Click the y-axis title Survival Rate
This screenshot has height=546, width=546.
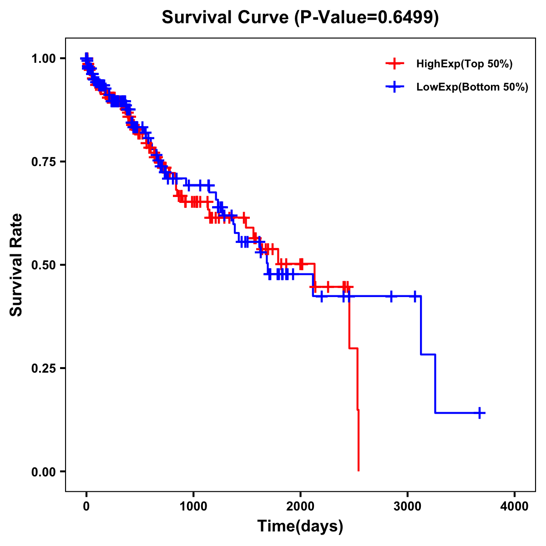tap(16, 265)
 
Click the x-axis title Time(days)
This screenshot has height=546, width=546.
tap(300, 526)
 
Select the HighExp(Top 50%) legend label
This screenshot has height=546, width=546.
tap(464, 64)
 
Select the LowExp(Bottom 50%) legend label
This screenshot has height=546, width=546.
tap(472, 87)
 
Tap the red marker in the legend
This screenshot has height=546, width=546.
tap(394, 64)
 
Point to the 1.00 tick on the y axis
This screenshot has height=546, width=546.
tap(43, 59)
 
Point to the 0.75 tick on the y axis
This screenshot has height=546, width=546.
tap(43, 162)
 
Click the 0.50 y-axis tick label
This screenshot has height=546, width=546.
tap(43, 265)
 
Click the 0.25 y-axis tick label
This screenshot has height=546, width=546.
tap(43, 368)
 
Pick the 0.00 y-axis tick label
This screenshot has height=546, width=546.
tap(43, 472)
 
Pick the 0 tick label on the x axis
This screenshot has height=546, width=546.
tap(86, 506)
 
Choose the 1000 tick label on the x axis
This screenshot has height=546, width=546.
tap(193, 506)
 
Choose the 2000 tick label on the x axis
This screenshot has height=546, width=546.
tap(300, 506)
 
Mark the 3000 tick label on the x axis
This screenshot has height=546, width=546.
tap(408, 506)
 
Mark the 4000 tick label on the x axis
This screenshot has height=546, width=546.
tap(515, 506)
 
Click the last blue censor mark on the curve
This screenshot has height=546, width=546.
tap(479, 413)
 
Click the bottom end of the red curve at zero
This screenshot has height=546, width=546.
tap(359, 470)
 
